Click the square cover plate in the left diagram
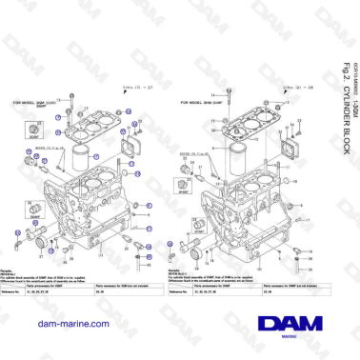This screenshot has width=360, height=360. click(x=127, y=150)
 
